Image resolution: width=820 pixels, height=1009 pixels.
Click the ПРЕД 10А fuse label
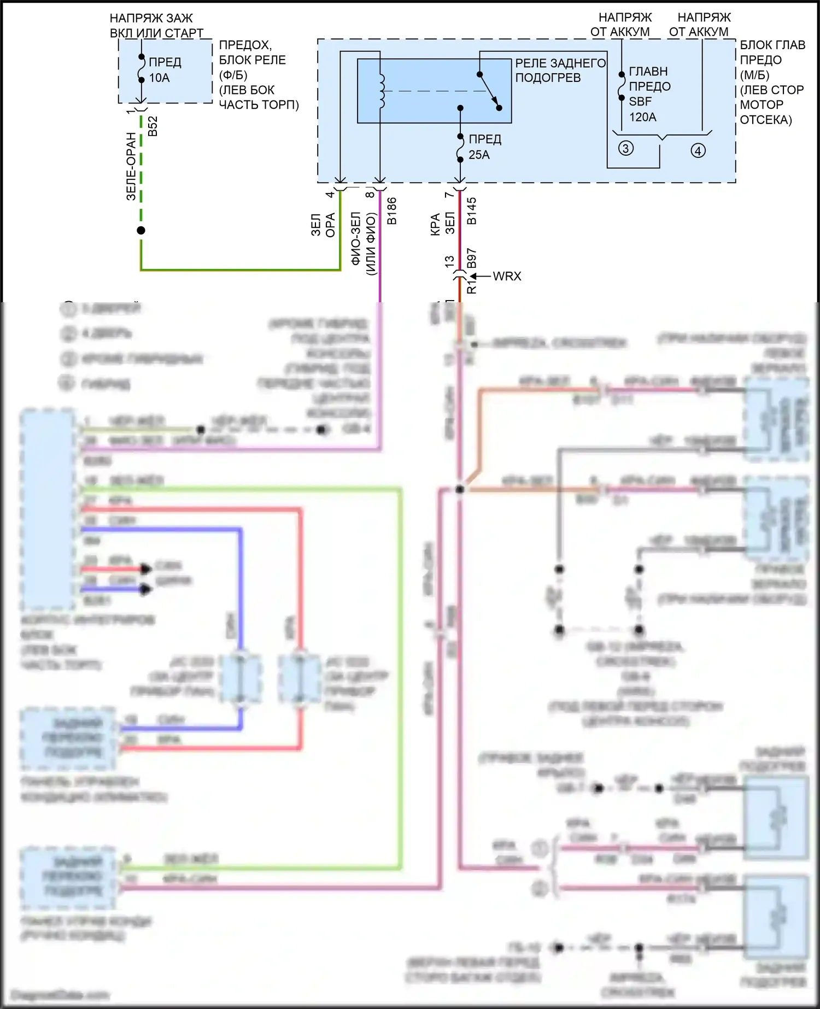click(x=165, y=70)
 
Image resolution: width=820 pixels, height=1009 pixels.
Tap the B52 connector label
click(x=153, y=126)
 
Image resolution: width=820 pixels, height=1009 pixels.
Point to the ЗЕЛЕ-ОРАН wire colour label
click(x=131, y=166)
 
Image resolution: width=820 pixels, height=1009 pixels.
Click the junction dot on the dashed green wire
click(x=141, y=230)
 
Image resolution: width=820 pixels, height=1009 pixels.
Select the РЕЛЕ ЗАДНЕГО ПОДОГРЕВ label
click(x=560, y=71)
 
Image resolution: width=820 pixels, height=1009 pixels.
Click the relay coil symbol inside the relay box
click(x=382, y=91)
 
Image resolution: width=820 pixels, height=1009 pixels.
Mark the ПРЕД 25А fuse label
click(x=484, y=147)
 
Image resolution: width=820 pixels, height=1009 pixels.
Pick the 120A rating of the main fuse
click(x=642, y=117)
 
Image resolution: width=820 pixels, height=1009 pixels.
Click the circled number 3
click(x=626, y=148)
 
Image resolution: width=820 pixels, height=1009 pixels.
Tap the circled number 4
click(x=698, y=150)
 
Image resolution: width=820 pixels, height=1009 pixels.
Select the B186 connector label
click(x=392, y=211)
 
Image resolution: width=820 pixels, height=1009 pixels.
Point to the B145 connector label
click(x=472, y=211)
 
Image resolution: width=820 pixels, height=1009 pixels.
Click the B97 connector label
click(x=472, y=259)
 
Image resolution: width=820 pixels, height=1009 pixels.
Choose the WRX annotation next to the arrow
click(x=507, y=277)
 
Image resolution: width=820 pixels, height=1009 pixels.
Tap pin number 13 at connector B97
click(x=449, y=261)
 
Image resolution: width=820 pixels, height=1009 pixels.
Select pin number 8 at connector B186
click(x=370, y=194)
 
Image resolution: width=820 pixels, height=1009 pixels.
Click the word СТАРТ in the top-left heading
click(x=184, y=33)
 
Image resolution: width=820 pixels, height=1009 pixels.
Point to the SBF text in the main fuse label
click(x=640, y=102)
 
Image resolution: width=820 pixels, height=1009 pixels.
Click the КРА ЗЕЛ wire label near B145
click(x=442, y=224)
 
